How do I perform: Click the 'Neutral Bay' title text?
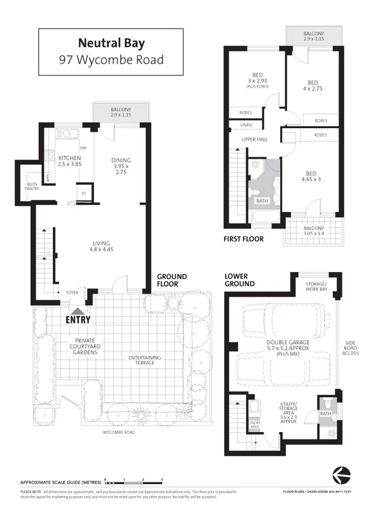pos(111,44)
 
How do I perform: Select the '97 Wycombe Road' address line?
pos(111,60)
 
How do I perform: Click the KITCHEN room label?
pos(69,157)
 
